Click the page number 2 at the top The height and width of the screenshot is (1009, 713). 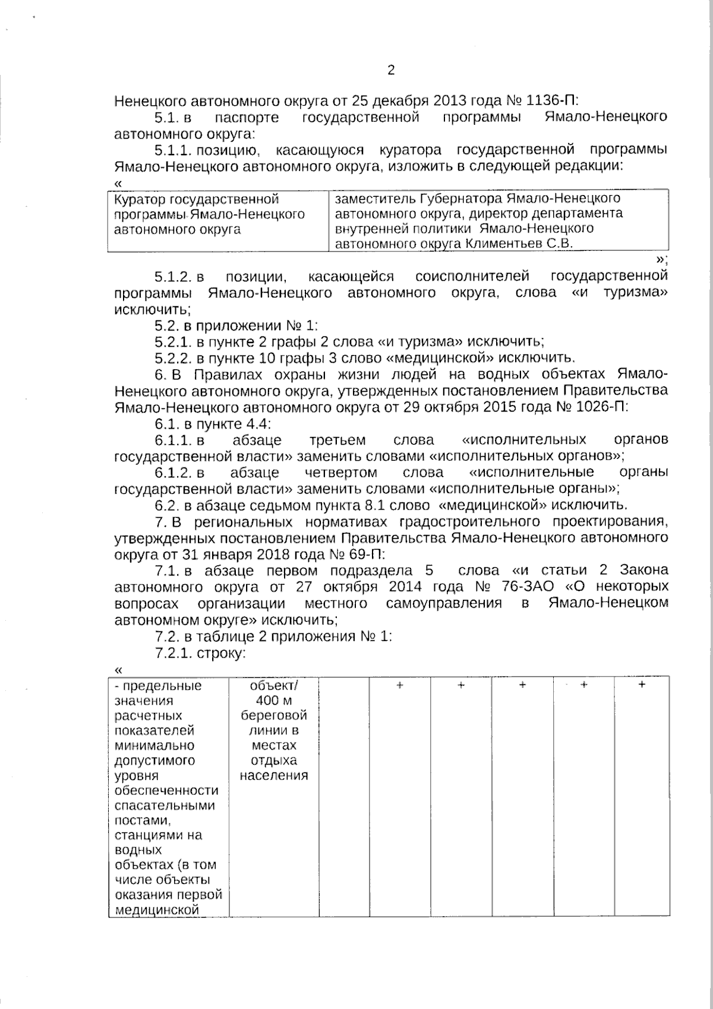[x=391, y=70]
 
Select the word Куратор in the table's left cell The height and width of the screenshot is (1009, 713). [x=140, y=199]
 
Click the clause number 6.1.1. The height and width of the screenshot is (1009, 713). [x=173, y=440]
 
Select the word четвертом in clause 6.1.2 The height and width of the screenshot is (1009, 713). [x=340, y=473]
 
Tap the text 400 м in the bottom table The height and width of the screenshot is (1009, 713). [x=274, y=700]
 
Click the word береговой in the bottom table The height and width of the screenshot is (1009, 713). [x=274, y=715]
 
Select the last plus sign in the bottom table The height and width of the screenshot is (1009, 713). [x=642, y=685]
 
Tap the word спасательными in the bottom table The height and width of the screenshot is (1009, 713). [x=164, y=806]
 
